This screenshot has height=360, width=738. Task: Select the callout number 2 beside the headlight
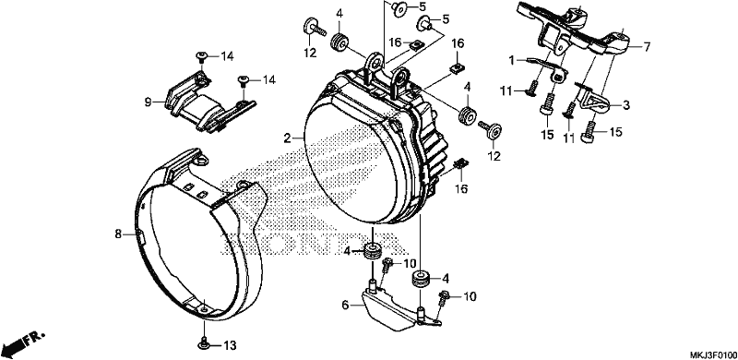point(286,138)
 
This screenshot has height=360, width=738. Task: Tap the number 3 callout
point(626,105)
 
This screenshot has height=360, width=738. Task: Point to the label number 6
point(345,306)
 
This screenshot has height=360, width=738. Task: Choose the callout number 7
point(647,47)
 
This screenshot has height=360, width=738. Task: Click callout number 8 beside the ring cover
point(118,234)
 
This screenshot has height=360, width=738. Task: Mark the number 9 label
point(148,102)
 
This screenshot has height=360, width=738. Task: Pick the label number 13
point(229,346)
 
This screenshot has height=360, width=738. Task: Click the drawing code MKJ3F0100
point(712,354)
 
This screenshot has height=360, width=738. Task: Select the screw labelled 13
point(204,344)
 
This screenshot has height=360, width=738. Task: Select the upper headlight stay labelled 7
point(572,30)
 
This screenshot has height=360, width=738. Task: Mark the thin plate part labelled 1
point(546,68)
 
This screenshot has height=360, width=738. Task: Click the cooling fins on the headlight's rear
point(431,150)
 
